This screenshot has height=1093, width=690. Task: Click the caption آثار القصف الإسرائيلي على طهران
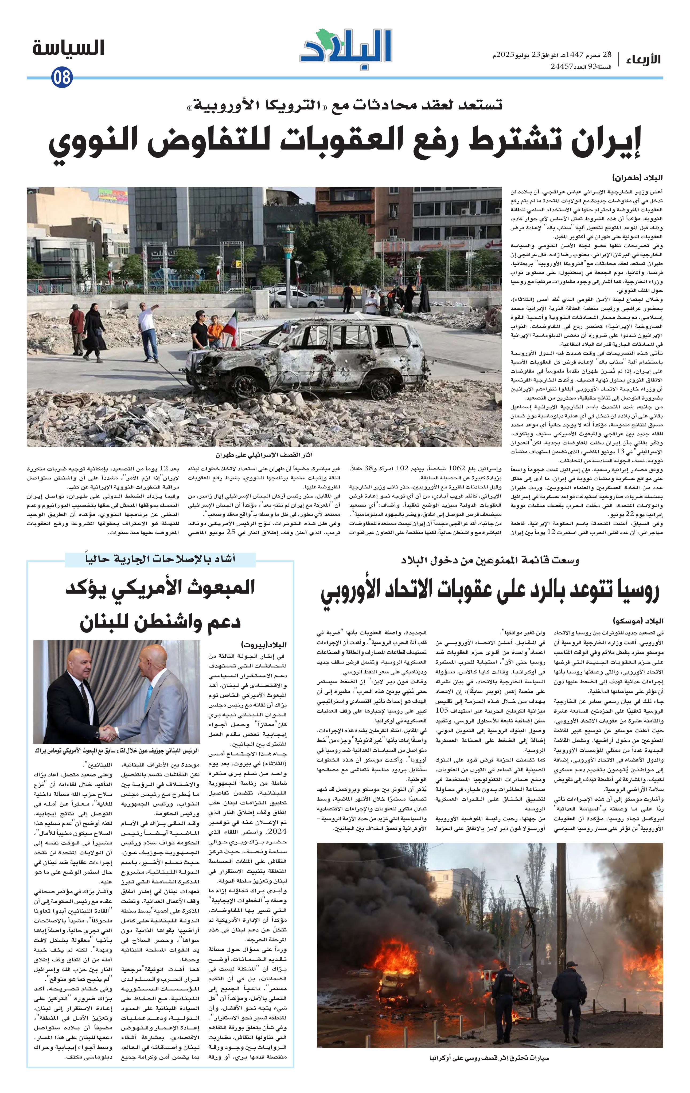(265, 454)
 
